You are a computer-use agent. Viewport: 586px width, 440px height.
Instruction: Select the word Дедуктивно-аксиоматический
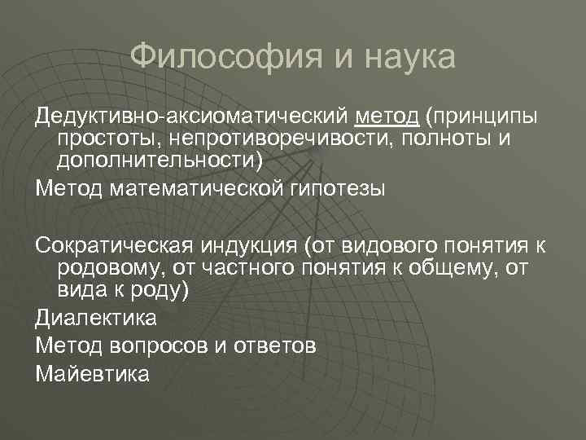pyautogui.click(x=191, y=119)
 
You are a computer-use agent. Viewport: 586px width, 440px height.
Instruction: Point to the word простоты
pyautogui.click(x=107, y=140)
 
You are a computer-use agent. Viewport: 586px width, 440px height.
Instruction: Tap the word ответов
pyautogui.click(x=277, y=346)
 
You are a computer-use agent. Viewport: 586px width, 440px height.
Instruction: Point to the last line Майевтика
pyautogui.click(x=93, y=375)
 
